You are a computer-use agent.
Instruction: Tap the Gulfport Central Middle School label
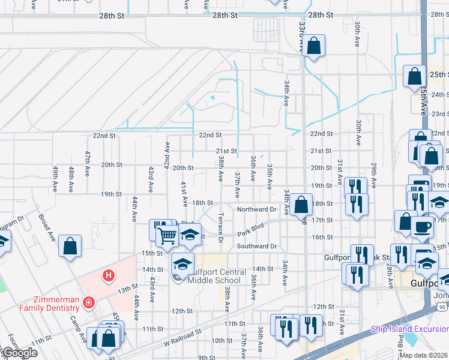216,276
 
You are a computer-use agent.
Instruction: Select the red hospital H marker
108,276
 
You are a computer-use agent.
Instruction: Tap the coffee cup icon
422,227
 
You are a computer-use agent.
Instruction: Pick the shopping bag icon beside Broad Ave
70,245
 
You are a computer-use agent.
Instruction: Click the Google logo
20,353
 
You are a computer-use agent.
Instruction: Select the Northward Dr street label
256,209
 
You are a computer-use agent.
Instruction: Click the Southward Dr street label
256,246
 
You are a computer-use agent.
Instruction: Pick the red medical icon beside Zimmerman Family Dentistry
89,302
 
